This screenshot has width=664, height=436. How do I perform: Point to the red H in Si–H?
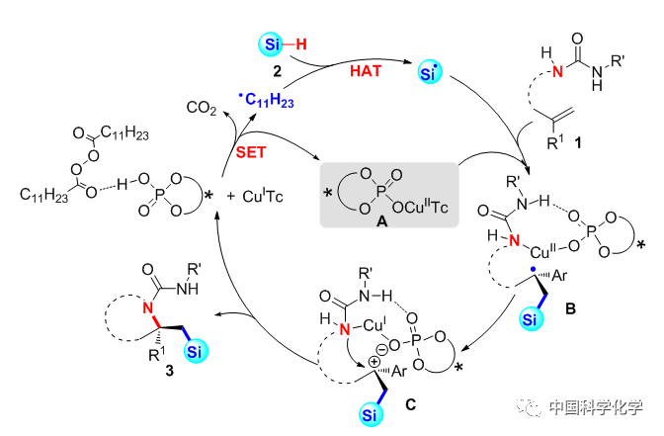pyautogui.click(x=302, y=44)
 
